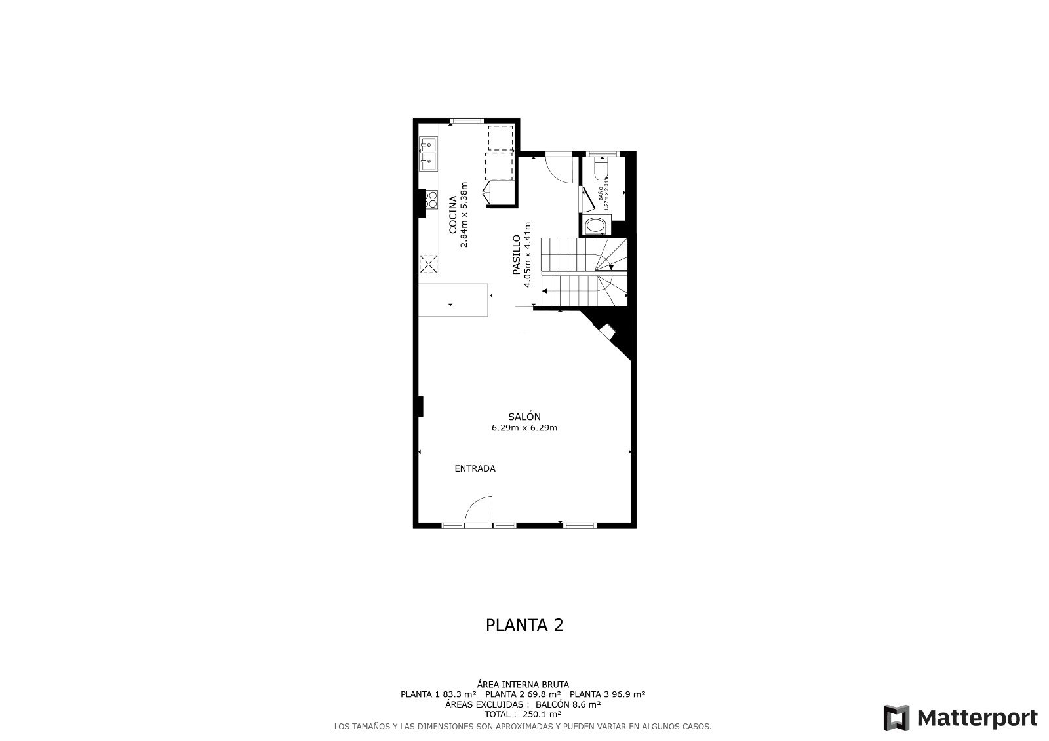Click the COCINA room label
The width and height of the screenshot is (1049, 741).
pos(453,214)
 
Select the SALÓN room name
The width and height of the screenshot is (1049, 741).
pos(524,417)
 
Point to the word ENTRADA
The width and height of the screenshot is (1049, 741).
pos(475,468)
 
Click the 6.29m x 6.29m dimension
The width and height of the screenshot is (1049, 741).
pos(524,428)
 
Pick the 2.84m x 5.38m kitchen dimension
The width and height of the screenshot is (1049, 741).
pos(464,214)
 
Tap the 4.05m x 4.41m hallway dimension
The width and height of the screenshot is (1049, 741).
pos(527,255)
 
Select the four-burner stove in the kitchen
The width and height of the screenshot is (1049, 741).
pos(431,199)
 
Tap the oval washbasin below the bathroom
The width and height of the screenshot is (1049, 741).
pos(595,227)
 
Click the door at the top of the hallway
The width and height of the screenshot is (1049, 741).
pos(559,168)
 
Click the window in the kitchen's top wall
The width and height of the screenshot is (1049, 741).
pos(466,121)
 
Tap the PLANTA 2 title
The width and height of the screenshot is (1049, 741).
pos(524,625)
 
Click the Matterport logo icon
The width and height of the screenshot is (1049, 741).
pos(896,717)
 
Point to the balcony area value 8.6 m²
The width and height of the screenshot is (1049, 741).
pos(585,704)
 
